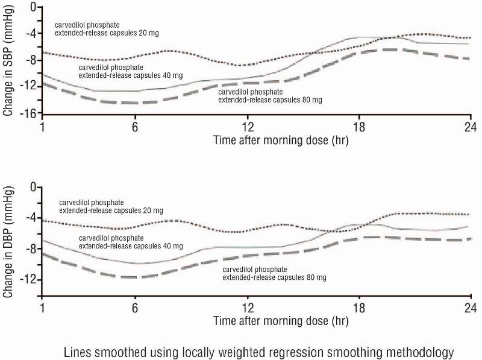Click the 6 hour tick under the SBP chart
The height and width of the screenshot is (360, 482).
pyautogui.click(x=135, y=127)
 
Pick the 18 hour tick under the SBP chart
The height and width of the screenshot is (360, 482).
pyautogui.click(x=359, y=127)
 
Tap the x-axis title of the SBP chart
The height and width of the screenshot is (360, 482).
pyautogui.click(x=281, y=140)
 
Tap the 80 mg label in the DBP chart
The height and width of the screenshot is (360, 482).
pyautogui.click(x=274, y=273)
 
